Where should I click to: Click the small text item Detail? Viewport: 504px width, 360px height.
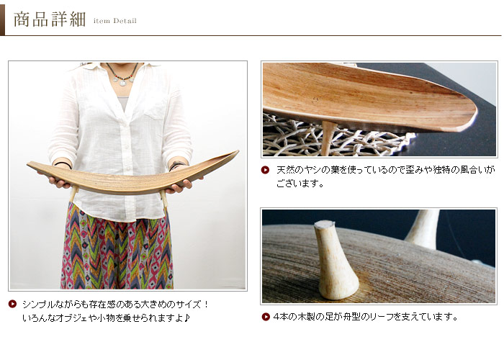[x=115, y=22]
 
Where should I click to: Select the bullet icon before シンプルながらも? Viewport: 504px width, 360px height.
[x=12, y=304]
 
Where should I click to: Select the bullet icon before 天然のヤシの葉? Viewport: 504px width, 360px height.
[x=266, y=170]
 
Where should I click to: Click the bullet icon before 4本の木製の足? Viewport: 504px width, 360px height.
[x=266, y=316]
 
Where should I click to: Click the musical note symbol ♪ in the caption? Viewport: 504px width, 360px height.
[x=187, y=318]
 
